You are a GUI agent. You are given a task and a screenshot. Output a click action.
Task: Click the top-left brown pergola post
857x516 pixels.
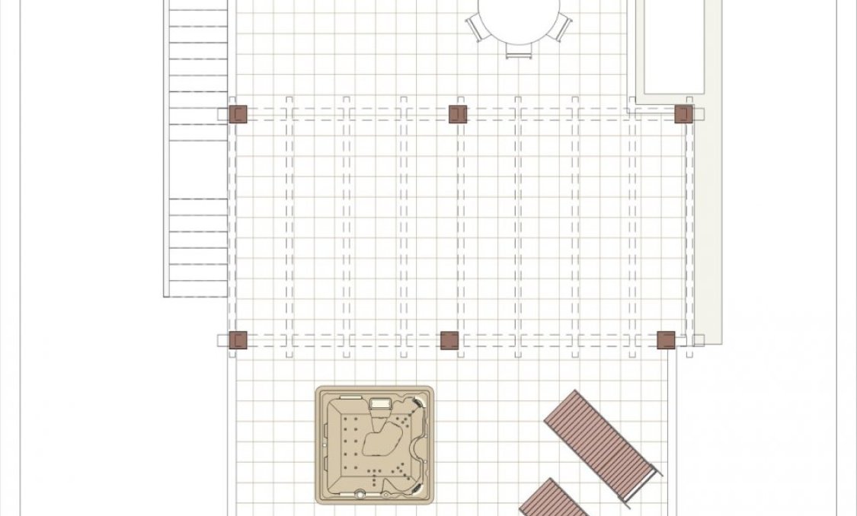tap(238, 114)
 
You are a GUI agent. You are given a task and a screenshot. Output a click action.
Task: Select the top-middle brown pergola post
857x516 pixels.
tap(457, 114)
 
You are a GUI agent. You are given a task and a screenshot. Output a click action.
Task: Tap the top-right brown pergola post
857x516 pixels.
tap(683, 114)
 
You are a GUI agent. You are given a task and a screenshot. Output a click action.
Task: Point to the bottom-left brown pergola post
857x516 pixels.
tap(238, 339)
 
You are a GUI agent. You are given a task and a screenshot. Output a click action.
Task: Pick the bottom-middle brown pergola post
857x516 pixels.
tap(449, 339)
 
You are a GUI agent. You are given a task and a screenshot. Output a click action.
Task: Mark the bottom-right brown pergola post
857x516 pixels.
tap(666, 339)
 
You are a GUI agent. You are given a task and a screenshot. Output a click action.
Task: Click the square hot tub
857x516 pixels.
tap(375, 444)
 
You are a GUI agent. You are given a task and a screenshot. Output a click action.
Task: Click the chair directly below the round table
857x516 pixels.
tap(518, 51)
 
